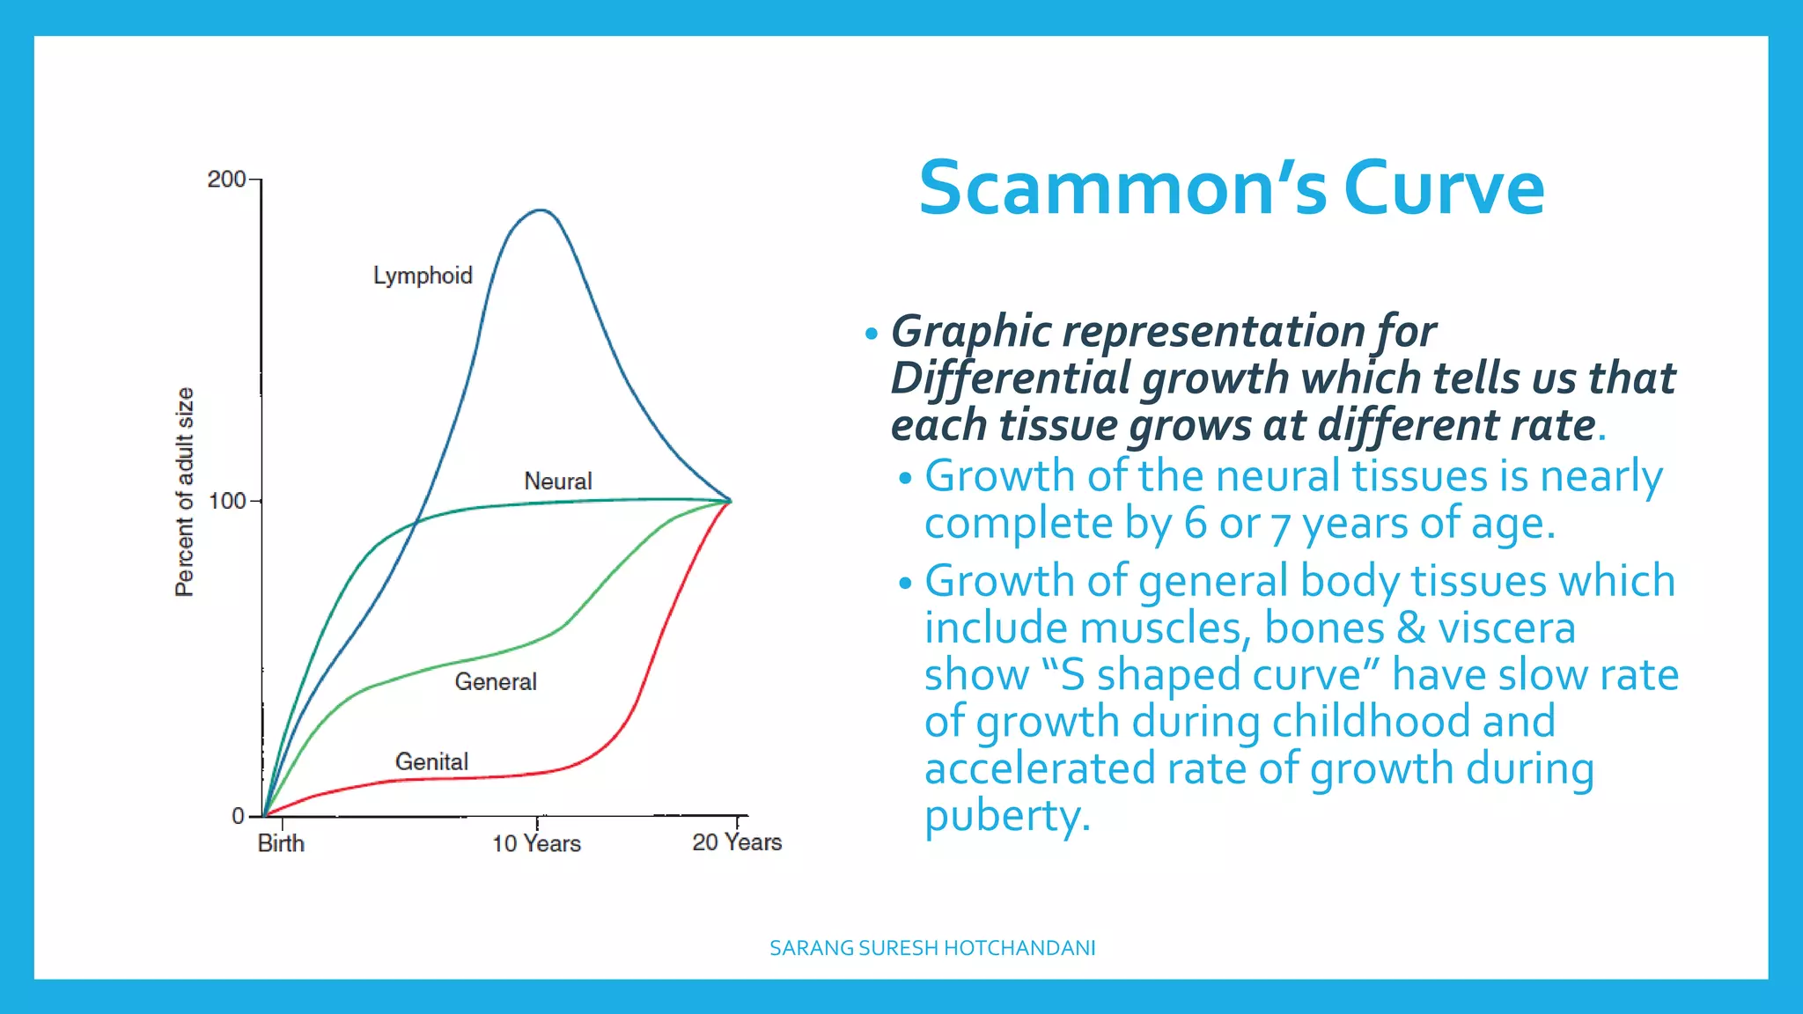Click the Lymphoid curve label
(423, 276)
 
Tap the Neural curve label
(557, 481)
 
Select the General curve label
(495, 681)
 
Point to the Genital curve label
(431, 761)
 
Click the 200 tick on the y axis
(226, 179)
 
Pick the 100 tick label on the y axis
(226, 501)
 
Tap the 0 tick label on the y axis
(238, 816)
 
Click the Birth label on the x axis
(281, 843)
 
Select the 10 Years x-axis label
(536, 843)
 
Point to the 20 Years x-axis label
(737, 842)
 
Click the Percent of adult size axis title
(184, 492)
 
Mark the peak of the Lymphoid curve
(541, 210)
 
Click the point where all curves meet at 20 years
(731, 501)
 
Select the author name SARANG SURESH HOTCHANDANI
(932, 948)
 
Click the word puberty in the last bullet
(1006, 815)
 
